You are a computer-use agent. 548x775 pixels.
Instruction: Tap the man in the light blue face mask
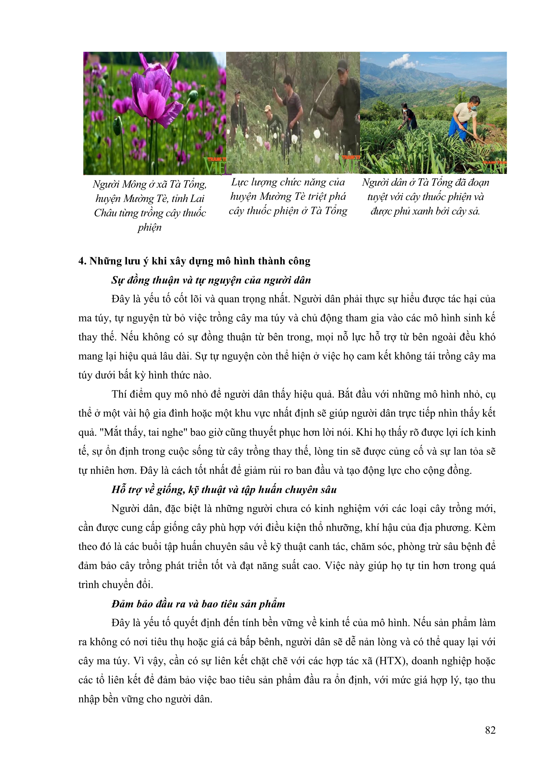467,115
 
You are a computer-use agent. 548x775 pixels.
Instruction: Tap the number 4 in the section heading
82,261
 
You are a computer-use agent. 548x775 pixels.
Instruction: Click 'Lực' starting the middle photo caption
240,182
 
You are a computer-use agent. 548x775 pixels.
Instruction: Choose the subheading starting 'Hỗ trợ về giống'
224,490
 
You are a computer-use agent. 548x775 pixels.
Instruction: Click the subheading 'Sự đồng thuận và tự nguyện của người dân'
211,280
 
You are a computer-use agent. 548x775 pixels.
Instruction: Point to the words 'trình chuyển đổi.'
116,585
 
